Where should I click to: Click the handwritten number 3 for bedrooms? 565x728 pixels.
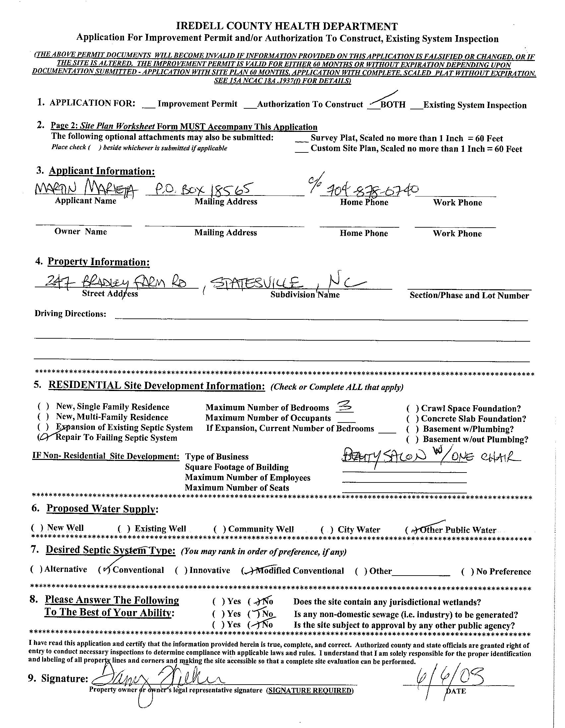[344, 406]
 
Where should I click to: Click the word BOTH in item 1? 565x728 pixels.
[393, 104]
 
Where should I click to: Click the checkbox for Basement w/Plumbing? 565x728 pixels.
[412, 429]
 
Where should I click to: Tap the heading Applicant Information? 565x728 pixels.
[102, 171]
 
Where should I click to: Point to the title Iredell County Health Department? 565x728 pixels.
[286, 26]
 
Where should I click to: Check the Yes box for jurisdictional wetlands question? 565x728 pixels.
[219, 602]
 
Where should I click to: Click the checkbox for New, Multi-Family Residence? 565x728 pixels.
[43, 417]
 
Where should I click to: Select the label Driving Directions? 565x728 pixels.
[70, 314]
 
